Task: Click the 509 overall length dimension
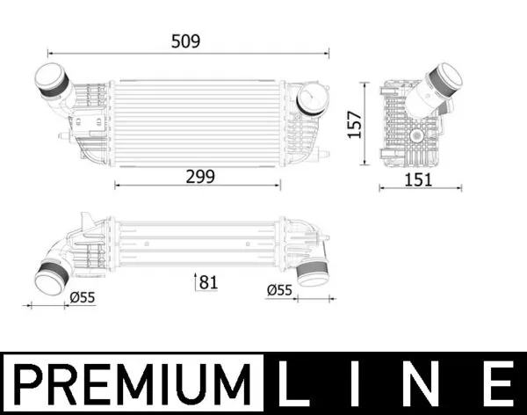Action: tap(186, 41)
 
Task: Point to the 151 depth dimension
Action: tap(420, 179)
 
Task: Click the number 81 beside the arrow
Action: tap(207, 282)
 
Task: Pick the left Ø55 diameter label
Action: tap(82, 297)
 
